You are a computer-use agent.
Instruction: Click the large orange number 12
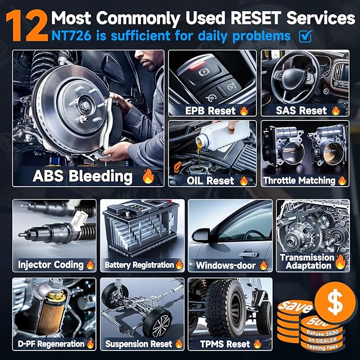[x=27, y=26]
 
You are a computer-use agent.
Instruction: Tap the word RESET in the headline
[x=256, y=18]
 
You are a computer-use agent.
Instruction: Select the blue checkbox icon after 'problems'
[x=305, y=36]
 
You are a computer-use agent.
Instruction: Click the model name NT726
[x=71, y=36]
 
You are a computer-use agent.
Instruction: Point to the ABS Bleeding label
[x=83, y=176]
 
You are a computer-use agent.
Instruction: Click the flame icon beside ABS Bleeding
[x=148, y=176]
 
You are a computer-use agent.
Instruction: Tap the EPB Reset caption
[x=210, y=111]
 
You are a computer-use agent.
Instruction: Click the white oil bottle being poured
[x=222, y=135]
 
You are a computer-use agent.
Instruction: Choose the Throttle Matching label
[x=299, y=181]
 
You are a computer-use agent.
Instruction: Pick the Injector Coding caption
[x=51, y=265]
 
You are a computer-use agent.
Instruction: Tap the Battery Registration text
[x=139, y=265]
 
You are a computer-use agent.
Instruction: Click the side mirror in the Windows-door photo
[x=201, y=235]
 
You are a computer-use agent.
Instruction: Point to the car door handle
[x=249, y=254]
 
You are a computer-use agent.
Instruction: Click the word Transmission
[x=307, y=257]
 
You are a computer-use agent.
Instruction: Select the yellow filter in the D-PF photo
[x=52, y=312]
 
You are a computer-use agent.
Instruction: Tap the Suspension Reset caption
[x=139, y=344]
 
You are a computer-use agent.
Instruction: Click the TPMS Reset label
[x=225, y=344]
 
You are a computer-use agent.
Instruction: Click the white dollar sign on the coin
[x=335, y=303]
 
